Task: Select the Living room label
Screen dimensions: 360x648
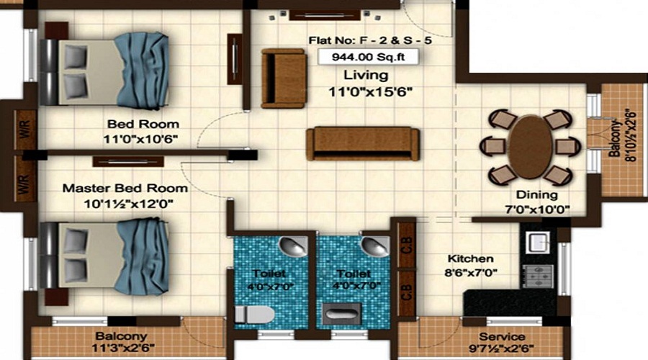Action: coord(365,75)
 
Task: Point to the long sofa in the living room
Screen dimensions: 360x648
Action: coord(362,143)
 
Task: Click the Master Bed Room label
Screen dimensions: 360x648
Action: coord(125,188)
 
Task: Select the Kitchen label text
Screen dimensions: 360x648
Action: coord(470,258)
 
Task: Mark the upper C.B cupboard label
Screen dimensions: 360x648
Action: coord(405,244)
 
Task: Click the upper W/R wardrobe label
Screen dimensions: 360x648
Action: coord(24,131)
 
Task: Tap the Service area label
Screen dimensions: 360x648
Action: coord(502,336)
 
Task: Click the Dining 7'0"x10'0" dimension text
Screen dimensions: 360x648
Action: coord(536,210)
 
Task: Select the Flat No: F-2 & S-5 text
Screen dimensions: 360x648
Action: coord(357,40)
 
